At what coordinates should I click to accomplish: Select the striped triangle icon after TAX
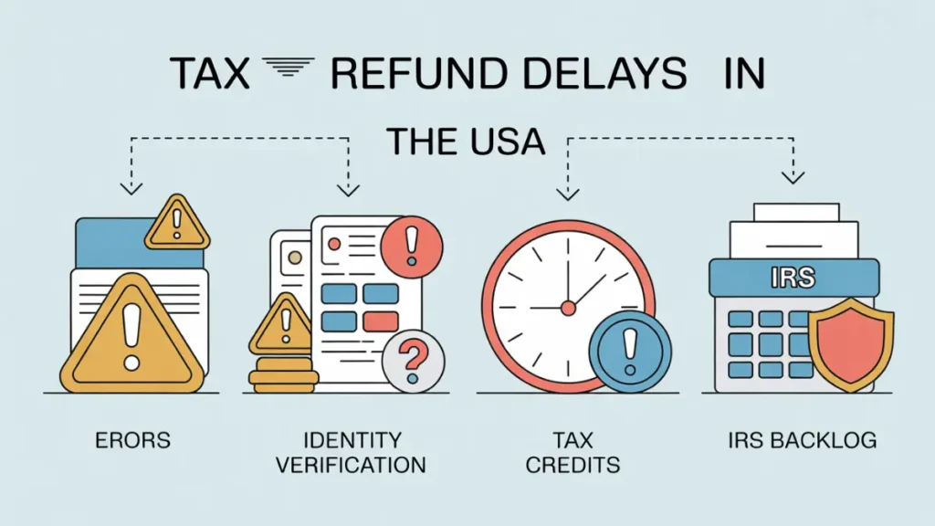pyautogui.click(x=288, y=68)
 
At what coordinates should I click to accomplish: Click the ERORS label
pyautogui.click(x=132, y=440)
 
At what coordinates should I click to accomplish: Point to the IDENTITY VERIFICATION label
pyautogui.click(x=352, y=452)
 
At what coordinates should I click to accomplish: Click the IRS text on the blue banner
pyautogui.click(x=793, y=277)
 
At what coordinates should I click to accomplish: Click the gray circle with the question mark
pyautogui.click(x=413, y=361)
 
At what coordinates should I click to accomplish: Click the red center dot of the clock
pyautogui.click(x=568, y=308)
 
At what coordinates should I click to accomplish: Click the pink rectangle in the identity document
pyautogui.click(x=381, y=321)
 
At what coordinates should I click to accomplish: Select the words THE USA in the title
pyautogui.click(x=466, y=142)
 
